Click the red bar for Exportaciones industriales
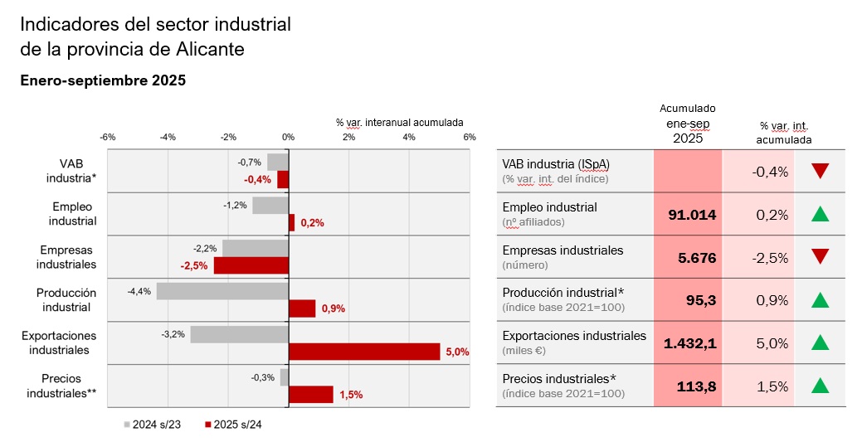(x=364, y=352)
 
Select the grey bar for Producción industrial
(x=222, y=291)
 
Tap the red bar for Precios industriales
(x=311, y=395)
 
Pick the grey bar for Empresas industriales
(x=256, y=248)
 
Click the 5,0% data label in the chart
(x=457, y=352)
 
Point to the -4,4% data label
(x=139, y=292)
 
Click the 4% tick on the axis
(x=409, y=137)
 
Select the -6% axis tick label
(x=107, y=137)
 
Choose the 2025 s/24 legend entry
(x=233, y=425)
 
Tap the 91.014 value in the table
(x=692, y=215)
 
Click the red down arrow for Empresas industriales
(x=821, y=257)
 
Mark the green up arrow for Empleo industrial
(x=821, y=215)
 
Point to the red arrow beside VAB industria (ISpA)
(x=821, y=172)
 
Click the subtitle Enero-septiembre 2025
(x=103, y=81)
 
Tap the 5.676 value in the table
(x=697, y=258)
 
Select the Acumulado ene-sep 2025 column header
(x=688, y=124)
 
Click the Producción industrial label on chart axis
(x=66, y=299)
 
